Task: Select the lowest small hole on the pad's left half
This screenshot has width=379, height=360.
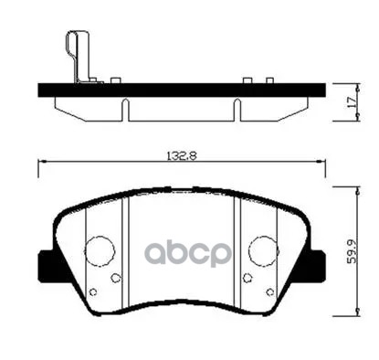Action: [x=92, y=292]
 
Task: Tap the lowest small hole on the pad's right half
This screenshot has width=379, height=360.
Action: [x=271, y=292]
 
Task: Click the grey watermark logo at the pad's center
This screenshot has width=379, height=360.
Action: [x=183, y=252]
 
